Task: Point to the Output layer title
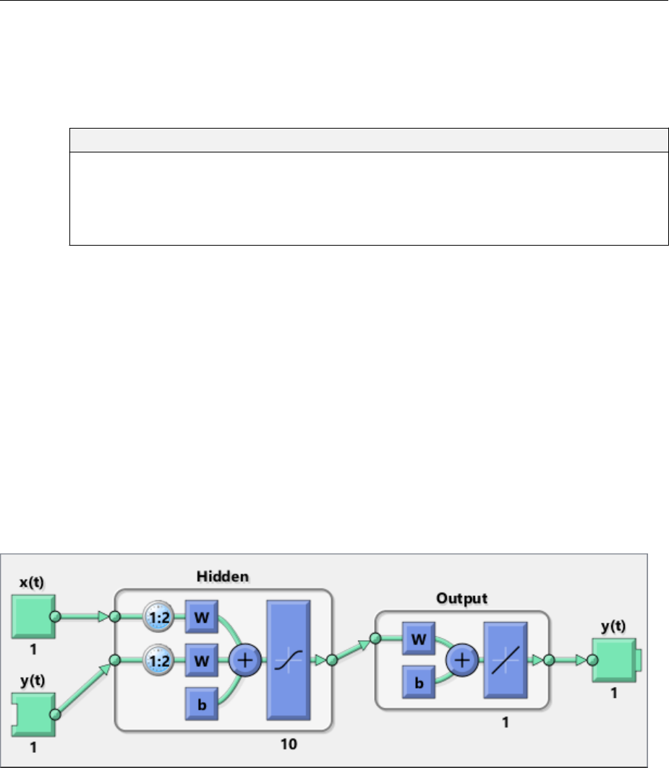point(462,599)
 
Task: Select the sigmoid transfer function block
point(289,659)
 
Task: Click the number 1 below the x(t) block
point(33,650)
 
